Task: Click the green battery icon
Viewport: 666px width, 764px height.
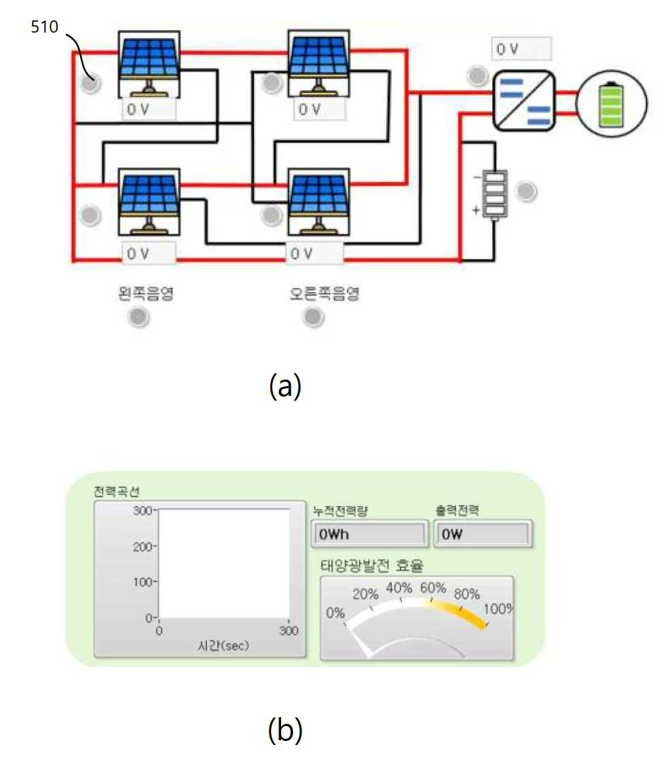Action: tap(612, 105)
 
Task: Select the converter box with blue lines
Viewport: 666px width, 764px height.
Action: tap(524, 101)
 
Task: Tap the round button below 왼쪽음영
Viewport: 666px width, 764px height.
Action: tap(138, 317)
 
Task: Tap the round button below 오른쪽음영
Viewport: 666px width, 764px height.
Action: tap(313, 317)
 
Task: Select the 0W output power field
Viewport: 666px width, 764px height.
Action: tap(483, 534)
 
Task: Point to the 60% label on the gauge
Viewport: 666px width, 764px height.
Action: tap(433, 588)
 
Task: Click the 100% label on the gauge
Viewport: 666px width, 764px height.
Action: tap(498, 608)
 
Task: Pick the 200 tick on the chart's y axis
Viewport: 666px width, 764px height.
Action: tap(143, 547)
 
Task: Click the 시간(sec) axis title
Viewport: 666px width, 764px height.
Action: tap(223, 646)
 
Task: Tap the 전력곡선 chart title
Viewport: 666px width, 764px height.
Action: tap(117, 491)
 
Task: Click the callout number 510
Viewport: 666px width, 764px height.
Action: tap(44, 26)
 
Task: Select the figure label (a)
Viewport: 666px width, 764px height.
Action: tap(285, 386)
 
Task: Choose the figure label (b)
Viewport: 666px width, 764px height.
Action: tap(285, 730)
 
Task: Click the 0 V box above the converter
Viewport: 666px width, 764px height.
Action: tap(521, 49)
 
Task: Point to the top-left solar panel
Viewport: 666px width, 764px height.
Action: tap(149, 65)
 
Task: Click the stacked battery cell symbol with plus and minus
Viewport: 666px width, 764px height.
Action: tap(495, 194)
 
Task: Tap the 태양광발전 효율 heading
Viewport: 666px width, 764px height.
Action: tap(372, 566)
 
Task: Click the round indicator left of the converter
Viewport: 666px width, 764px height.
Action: tap(477, 75)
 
